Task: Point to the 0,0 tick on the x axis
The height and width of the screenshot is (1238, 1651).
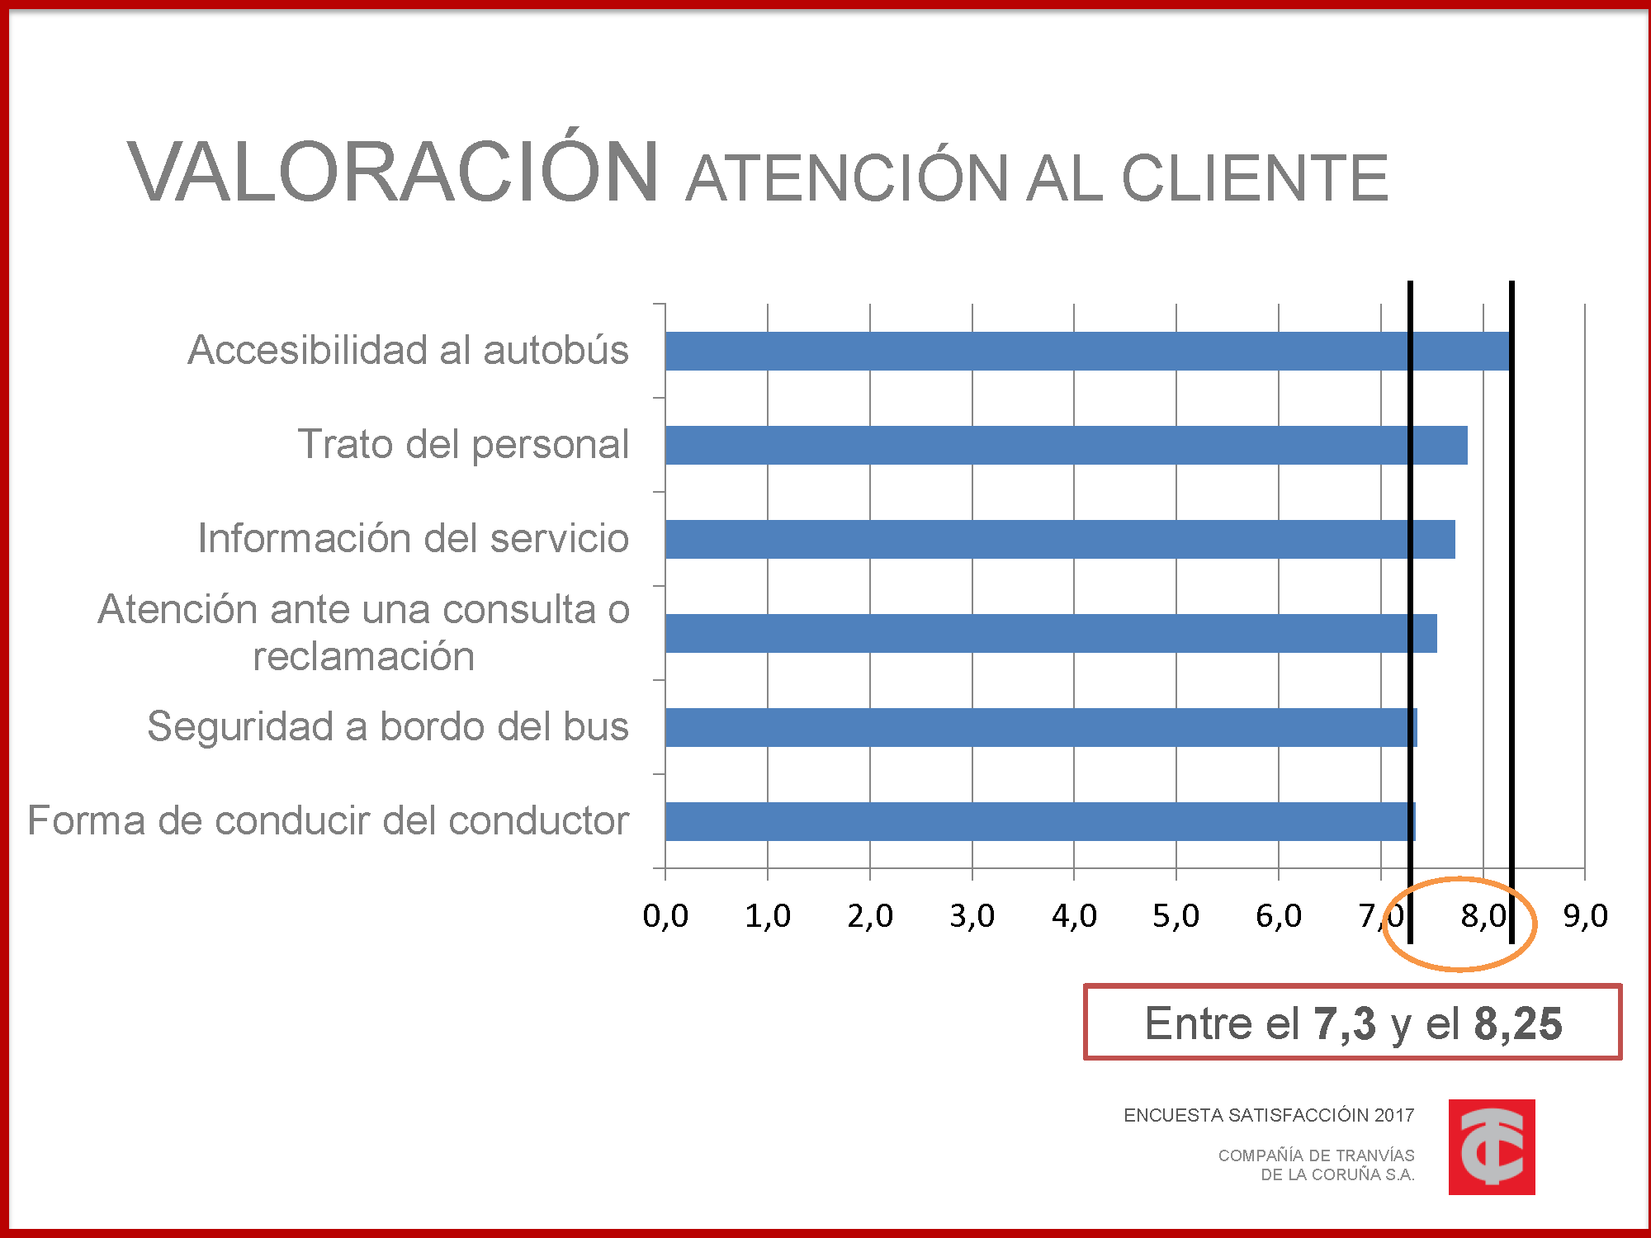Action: (665, 915)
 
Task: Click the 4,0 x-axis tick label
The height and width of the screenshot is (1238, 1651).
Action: (1074, 915)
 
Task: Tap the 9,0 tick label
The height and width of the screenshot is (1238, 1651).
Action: (1585, 915)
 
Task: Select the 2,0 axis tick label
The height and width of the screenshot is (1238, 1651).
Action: (870, 915)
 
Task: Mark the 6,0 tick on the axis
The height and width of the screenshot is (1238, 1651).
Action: (1279, 915)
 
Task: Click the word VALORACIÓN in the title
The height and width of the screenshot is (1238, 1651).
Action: (393, 172)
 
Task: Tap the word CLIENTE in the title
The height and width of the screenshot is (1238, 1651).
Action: (1255, 178)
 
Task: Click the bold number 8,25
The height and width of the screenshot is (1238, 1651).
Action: (1517, 1023)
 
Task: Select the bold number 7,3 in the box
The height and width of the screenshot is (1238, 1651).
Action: (1345, 1023)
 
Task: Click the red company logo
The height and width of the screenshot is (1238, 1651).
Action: (1491, 1146)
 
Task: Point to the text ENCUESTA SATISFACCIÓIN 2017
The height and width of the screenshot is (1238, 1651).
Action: (1269, 1115)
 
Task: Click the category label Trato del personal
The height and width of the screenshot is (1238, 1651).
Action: (463, 444)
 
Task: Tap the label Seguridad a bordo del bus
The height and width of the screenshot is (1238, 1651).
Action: (388, 726)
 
